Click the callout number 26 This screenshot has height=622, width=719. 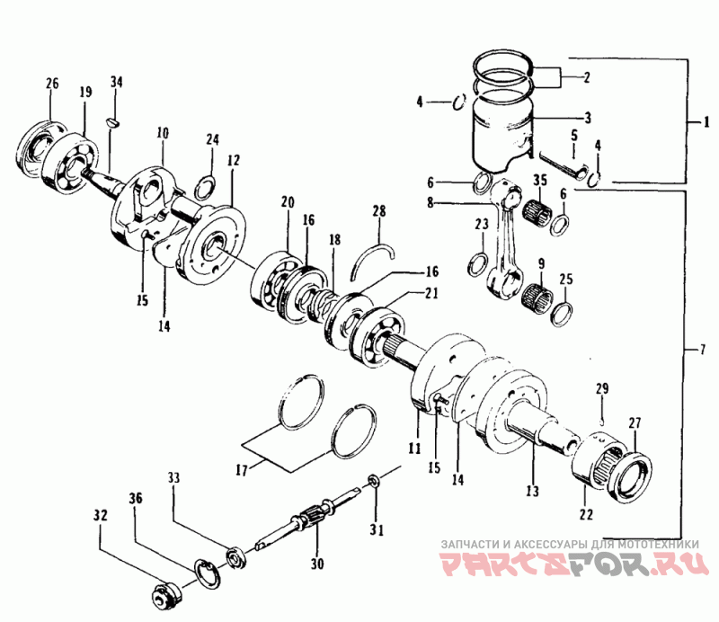pos(52,84)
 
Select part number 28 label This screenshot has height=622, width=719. pos(379,211)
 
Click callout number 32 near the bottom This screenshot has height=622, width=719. pos(100,516)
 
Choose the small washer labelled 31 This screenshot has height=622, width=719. pos(373,486)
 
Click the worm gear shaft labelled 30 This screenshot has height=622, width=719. pos(306,522)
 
